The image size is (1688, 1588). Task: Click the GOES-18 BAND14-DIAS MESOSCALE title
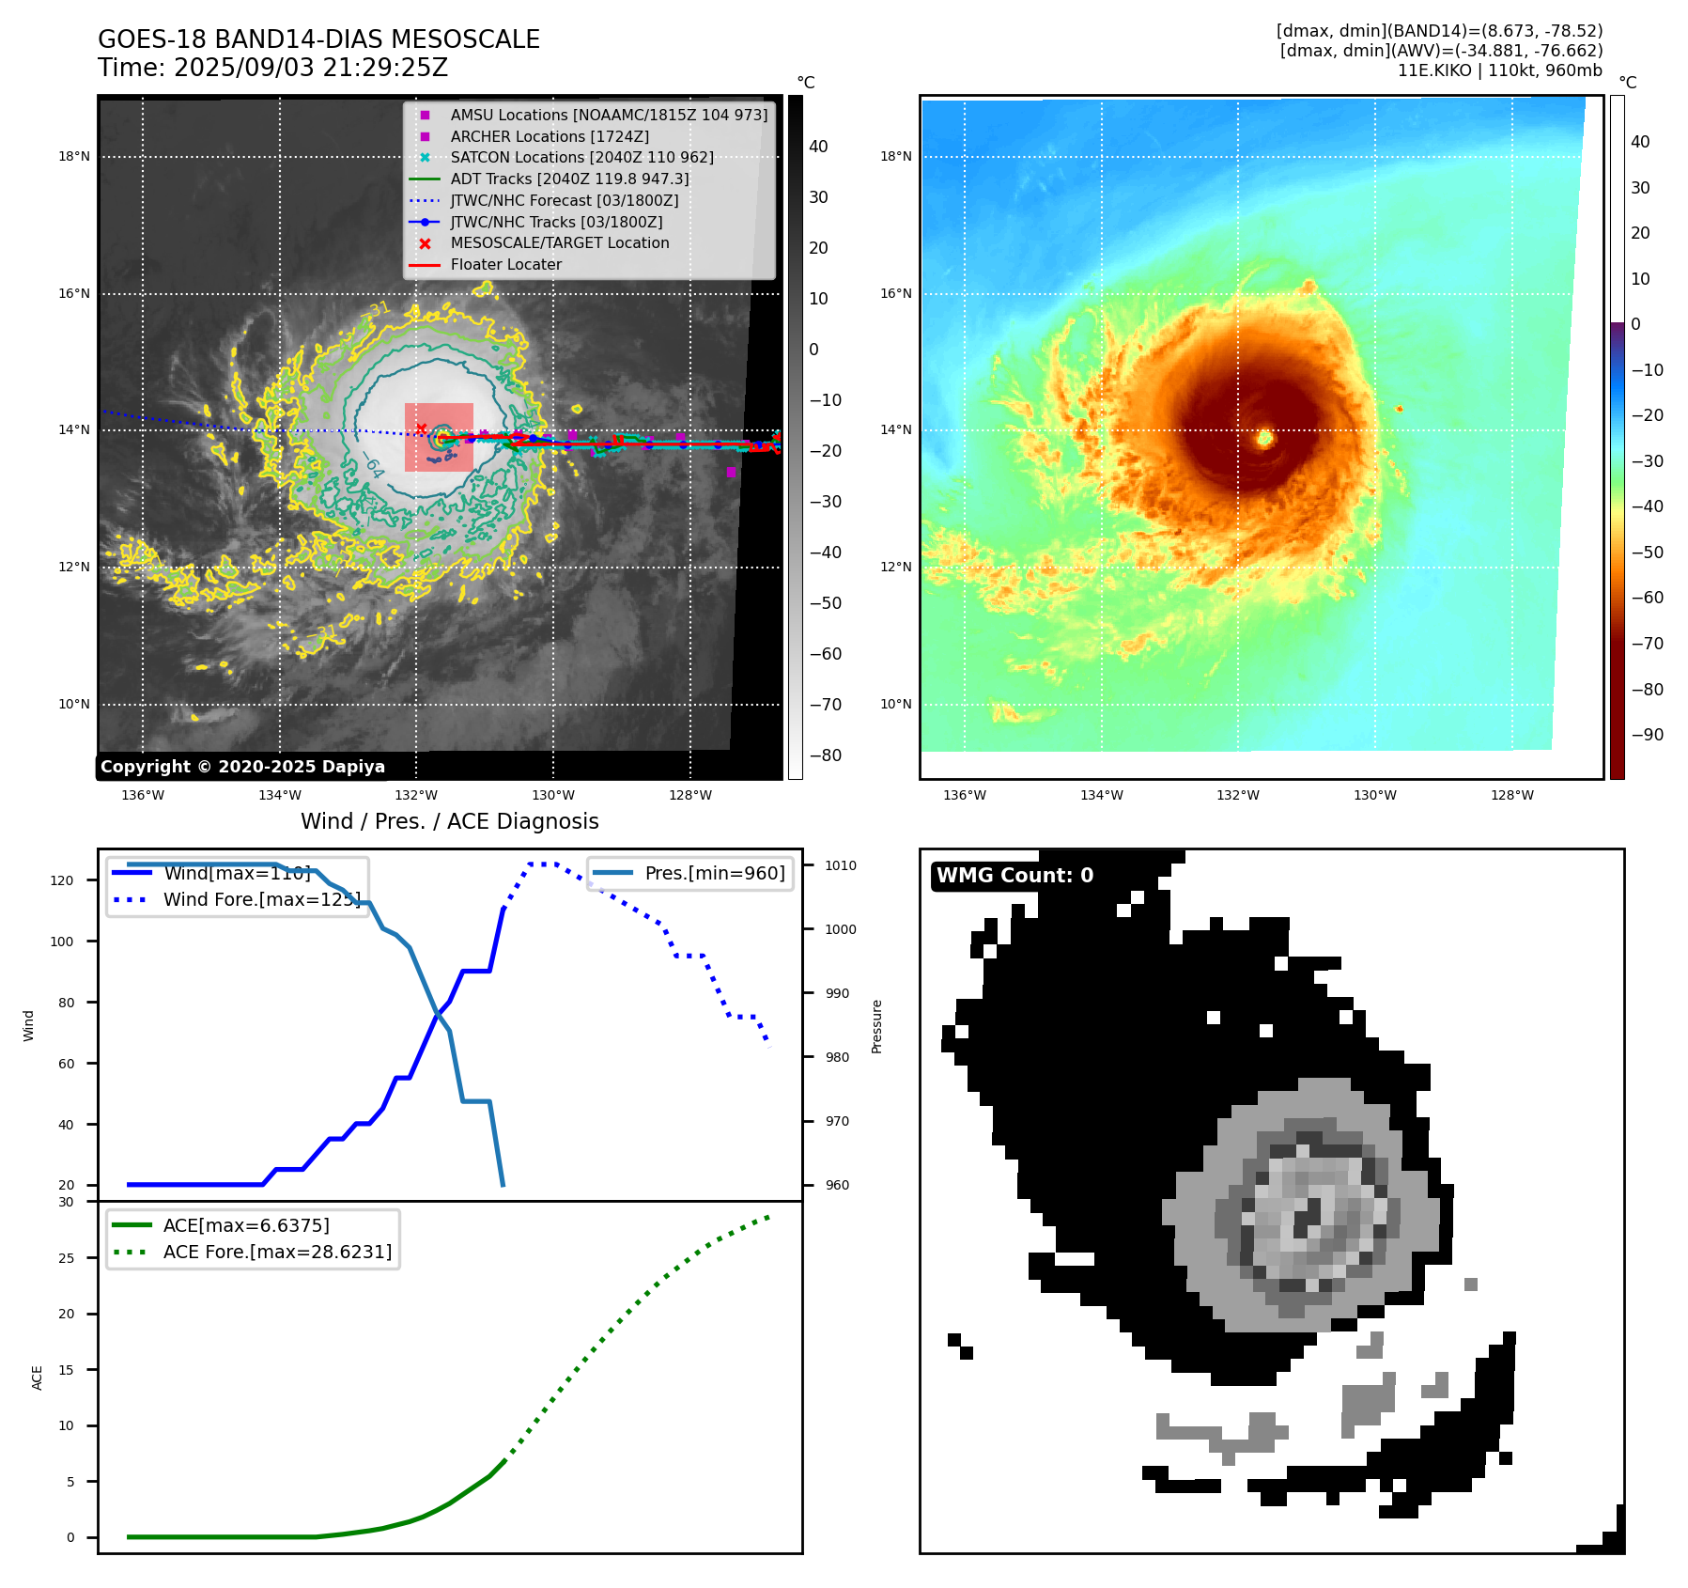click(318, 39)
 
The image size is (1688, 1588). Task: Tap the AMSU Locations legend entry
click(608, 115)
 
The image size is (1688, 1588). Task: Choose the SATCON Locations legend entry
click(581, 158)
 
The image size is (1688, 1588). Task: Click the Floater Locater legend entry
click(505, 265)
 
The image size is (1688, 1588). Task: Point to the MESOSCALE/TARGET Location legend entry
click(559, 243)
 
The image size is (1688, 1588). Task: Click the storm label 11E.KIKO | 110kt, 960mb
click(1499, 70)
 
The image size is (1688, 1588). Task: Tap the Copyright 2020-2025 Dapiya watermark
click(242, 767)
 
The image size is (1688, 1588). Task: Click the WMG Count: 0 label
click(1014, 876)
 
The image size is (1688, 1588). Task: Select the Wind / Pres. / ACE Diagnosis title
click(449, 821)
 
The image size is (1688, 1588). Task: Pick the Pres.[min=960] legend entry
click(714, 874)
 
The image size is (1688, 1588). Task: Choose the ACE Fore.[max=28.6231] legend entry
click(277, 1253)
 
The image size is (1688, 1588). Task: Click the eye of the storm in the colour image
click(1265, 437)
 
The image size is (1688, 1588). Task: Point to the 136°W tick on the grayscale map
click(143, 796)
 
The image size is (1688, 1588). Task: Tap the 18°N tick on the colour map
click(895, 157)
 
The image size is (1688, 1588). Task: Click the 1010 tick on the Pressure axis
click(841, 865)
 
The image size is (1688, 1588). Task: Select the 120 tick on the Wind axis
click(62, 880)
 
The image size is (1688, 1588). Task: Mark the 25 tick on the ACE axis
click(67, 1258)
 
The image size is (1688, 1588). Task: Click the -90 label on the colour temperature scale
click(1647, 735)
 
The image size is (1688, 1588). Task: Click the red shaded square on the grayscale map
click(439, 438)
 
